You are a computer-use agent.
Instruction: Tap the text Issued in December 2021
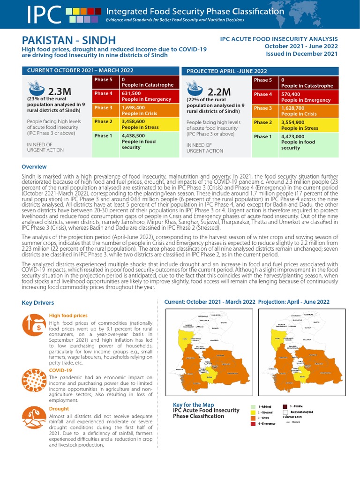point(302,54)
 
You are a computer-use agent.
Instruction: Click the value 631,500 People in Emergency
point(141,97)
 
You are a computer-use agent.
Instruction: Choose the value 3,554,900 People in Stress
point(300,125)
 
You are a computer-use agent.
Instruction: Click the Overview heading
point(34,167)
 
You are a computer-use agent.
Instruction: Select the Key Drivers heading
point(38,303)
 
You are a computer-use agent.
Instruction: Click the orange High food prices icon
point(33,324)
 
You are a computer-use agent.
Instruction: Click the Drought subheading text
point(59,408)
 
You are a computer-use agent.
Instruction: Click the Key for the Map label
point(194,405)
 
